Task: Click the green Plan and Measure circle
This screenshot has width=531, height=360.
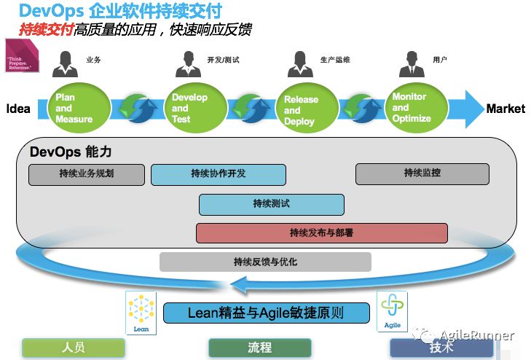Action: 81,109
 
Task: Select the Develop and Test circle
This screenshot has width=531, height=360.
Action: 191,108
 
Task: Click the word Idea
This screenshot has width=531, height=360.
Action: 18,109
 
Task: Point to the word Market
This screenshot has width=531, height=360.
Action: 506,109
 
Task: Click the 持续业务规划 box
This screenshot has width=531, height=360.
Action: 87,174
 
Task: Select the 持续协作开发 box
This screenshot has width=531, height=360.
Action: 218,174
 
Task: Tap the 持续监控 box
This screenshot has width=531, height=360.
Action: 422,173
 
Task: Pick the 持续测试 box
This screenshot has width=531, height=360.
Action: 271,204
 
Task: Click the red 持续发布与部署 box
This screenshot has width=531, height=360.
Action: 321,233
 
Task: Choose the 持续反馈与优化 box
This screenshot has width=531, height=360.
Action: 265,262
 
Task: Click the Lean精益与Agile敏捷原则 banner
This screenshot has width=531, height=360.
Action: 266,313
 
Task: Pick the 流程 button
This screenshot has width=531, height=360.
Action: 260,347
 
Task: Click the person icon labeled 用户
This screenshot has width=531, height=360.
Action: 412,63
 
